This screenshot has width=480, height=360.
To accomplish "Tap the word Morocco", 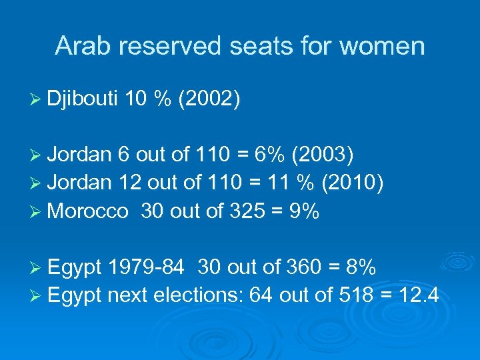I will pyautogui.click(x=88, y=211).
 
